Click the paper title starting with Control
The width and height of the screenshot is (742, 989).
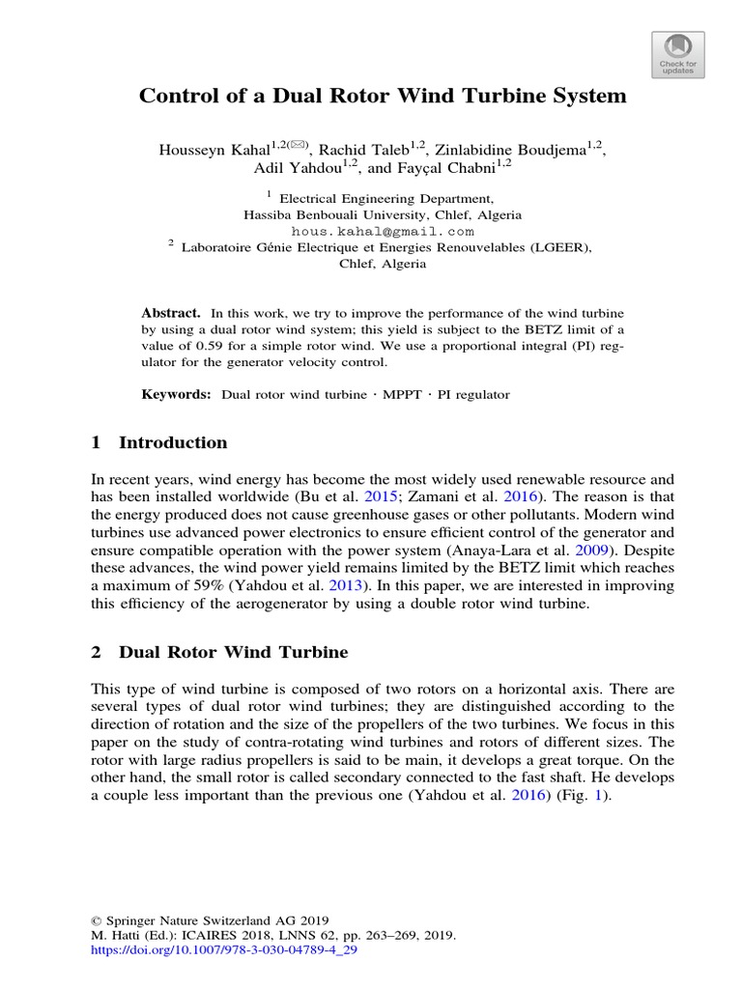[x=384, y=97]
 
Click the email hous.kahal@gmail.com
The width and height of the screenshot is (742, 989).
[x=383, y=232]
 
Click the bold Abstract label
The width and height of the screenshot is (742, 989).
[x=170, y=313]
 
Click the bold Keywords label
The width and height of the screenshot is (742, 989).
[x=176, y=395]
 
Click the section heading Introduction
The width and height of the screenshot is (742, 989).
[x=173, y=443]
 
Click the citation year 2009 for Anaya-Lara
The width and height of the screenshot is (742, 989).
[x=588, y=551]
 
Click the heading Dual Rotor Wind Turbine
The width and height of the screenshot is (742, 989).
[x=233, y=652]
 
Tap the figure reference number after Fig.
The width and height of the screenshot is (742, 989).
[x=603, y=799]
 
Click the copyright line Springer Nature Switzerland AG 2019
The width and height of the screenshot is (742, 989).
[x=209, y=919]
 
